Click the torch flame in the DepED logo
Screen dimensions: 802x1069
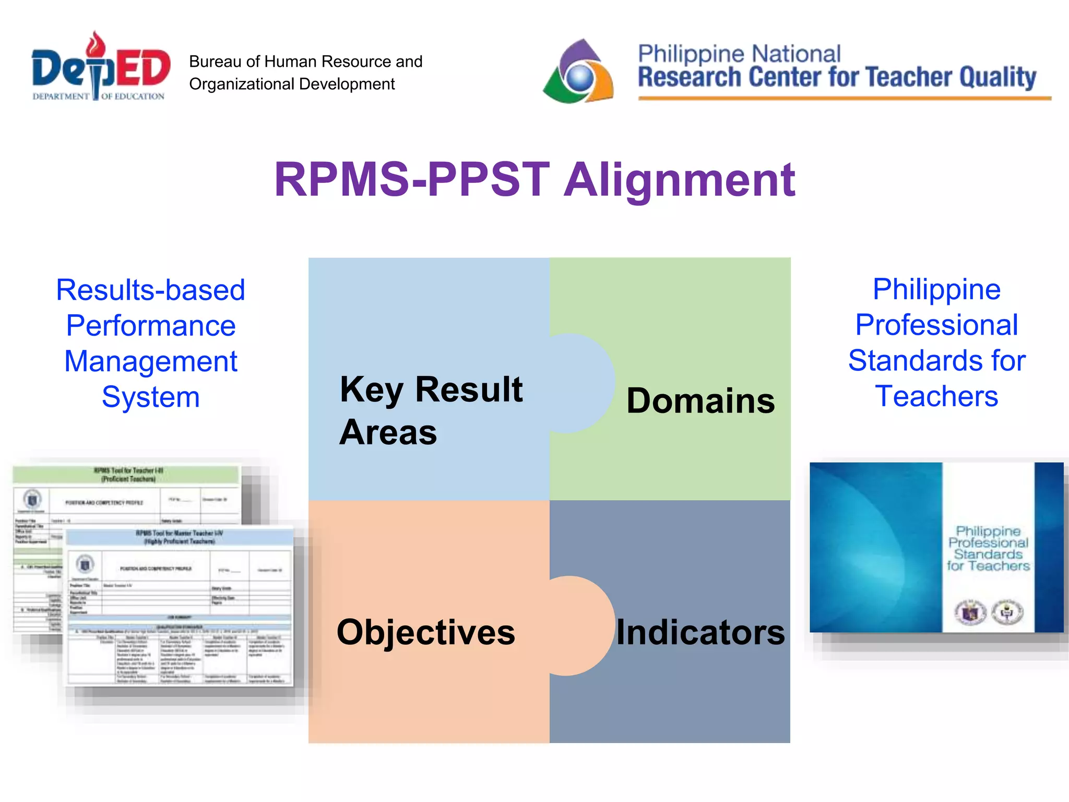96,43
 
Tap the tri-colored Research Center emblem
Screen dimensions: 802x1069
578,72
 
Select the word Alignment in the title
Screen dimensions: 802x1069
680,180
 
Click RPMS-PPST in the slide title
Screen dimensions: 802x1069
412,180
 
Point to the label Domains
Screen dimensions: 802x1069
700,401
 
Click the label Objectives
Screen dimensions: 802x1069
426,632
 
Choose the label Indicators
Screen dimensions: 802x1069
700,632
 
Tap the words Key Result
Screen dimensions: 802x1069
431,390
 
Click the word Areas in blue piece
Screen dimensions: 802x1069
388,432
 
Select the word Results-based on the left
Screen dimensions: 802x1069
150,290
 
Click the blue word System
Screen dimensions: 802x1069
150,397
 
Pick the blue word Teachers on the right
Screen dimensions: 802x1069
936,396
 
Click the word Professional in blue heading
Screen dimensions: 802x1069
936,325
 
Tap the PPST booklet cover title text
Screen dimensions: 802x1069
988,548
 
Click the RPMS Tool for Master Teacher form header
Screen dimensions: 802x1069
179,537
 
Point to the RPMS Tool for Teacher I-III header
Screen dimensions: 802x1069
128,474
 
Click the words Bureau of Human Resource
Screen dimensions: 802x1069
305,62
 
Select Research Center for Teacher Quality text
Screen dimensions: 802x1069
836,77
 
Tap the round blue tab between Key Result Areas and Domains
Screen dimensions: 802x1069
582,383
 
